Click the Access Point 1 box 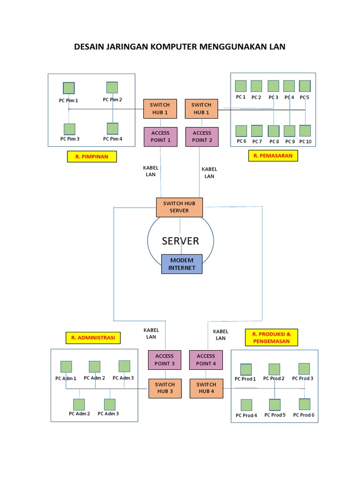pyautogui.click(x=160, y=136)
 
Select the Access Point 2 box pyautogui.click(x=202, y=136)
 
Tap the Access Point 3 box pyautogui.click(x=165, y=360)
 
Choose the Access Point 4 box pyautogui.click(x=206, y=360)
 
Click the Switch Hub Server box pyautogui.click(x=179, y=207)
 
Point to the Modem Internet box pyautogui.click(x=181, y=264)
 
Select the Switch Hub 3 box pyautogui.click(x=165, y=388)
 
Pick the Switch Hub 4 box pyautogui.click(x=206, y=388)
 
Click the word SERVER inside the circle pyautogui.click(x=180, y=241)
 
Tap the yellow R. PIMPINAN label pyautogui.click(x=92, y=157)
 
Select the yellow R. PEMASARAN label pyautogui.click(x=273, y=156)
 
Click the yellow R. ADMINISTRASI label pyautogui.click(x=93, y=337)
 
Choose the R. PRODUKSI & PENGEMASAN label pyautogui.click(x=271, y=337)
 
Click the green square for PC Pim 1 pyautogui.click(x=69, y=88)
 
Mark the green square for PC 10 pyautogui.click(x=305, y=131)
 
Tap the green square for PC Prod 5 pyautogui.click(x=275, y=405)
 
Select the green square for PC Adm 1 pyautogui.click(x=66, y=367)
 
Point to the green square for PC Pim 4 pyautogui.click(x=112, y=128)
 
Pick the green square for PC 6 pyautogui.click(x=241, y=131)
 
